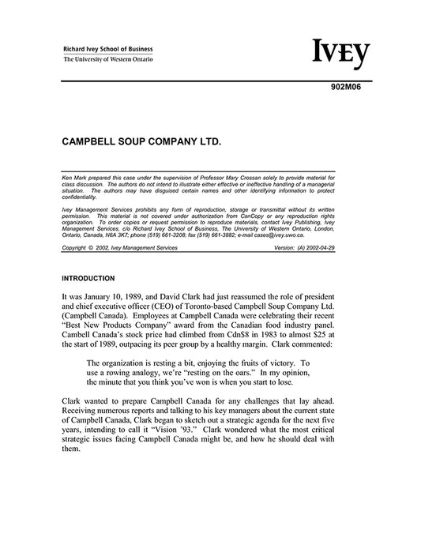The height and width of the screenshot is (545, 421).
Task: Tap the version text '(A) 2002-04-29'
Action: click(312, 247)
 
